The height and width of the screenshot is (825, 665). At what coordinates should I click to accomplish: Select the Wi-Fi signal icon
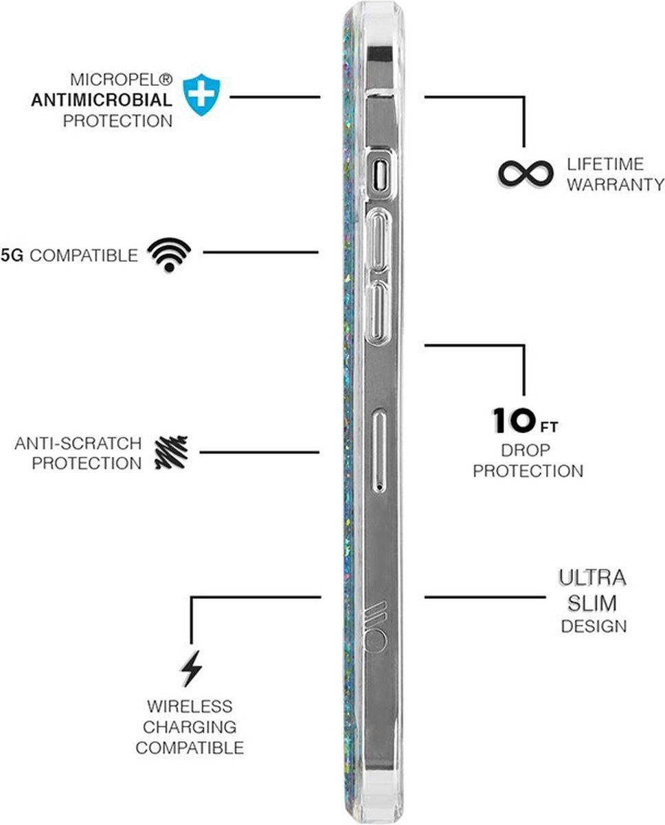(x=169, y=254)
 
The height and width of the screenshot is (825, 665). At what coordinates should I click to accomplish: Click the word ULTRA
(x=588, y=577)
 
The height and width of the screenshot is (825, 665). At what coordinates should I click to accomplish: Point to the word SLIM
(x=589, y=603)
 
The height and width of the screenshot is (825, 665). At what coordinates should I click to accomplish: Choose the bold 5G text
(x=13, y=256)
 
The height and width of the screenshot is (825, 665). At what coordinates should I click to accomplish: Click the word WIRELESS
(x=189, y=706)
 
